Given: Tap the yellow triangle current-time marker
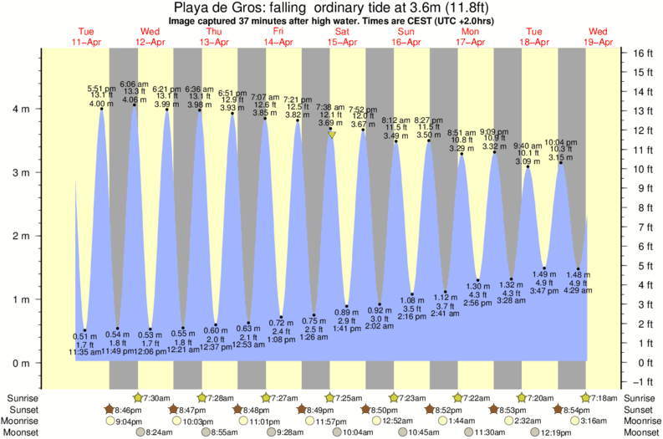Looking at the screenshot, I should coord(332,135).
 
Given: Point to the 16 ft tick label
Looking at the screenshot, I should coord(642,52).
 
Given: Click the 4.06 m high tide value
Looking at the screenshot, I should coord(135,100).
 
